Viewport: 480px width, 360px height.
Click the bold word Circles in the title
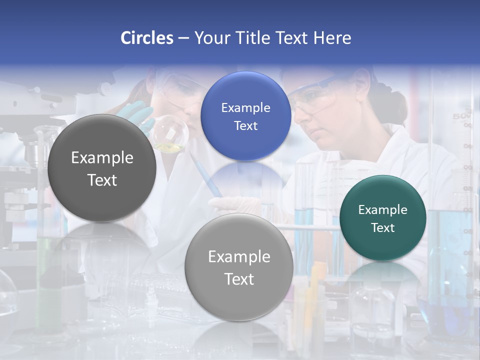point(147,38)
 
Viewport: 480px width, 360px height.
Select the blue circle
point(245,116)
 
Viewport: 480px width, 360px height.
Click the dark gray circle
point(102,168)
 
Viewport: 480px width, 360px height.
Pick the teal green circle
point(382,218)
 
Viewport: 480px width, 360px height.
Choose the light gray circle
point(238,267)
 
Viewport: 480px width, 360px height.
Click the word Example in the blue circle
point(245,107)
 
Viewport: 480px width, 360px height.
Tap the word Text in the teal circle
point(383,227)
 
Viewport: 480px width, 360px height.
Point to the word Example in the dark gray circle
point(102,158)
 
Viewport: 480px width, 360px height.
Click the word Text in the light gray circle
point(239,279)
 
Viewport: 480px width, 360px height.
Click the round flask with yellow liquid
point(170,133)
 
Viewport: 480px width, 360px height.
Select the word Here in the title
point(332,38)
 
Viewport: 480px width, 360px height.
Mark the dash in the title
point(183,38)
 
